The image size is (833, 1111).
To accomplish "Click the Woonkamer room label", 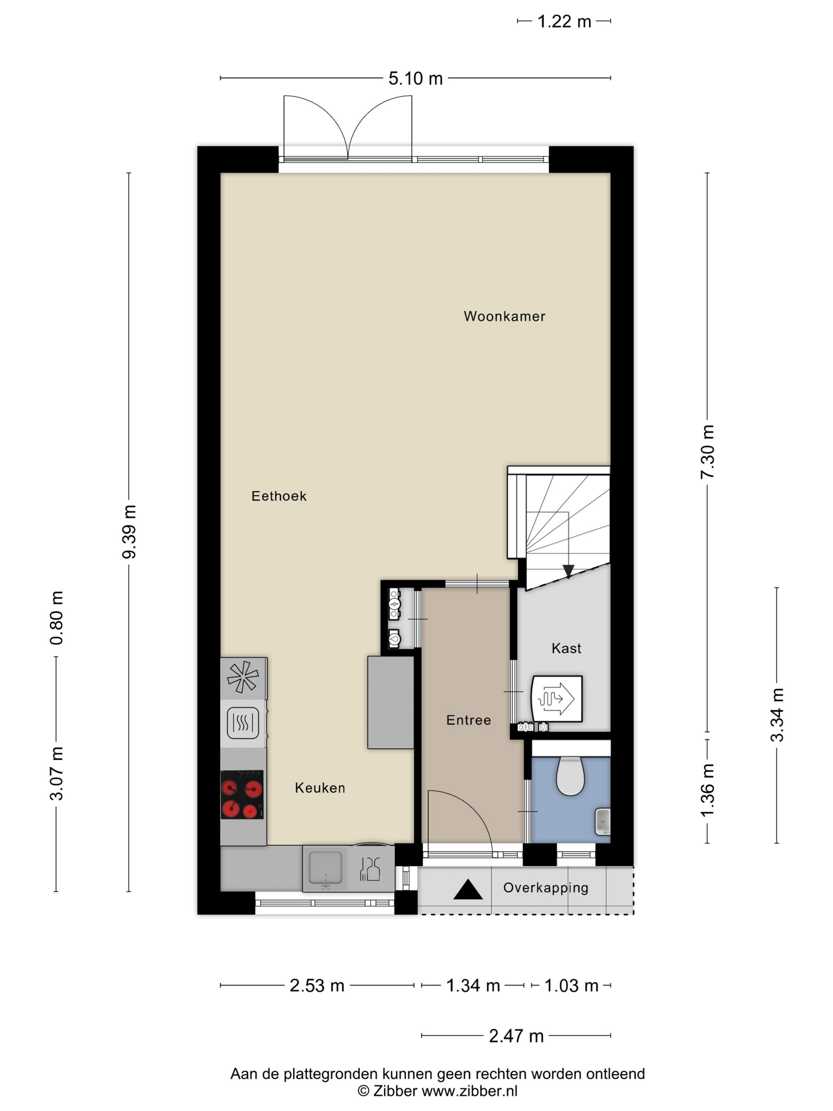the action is pyautogui.click(x=504, y=316).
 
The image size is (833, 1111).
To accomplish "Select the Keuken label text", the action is pyautogui.click(x=320, y=788).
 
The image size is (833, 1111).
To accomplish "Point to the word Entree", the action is pyautogui.click(x=468, y=720).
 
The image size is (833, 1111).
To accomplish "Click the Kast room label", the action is pyautogui.click(x=566, y=648).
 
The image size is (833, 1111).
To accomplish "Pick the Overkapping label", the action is pyautogui.click(x=546, y=888).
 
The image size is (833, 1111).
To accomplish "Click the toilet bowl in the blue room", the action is pyautogui.click(x=570, y=777).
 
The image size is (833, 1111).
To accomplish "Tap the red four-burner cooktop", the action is pyautogui.click(x=242, y=795).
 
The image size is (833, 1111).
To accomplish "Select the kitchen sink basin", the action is pyautogui.click(x=325, y=868).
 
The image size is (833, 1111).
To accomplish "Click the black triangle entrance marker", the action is pyautogui.click(x=468, y=890).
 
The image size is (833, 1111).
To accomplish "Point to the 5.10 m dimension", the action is pyautogui.click(x=415, y=78).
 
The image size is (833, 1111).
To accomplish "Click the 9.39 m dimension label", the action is pyautogui.click(x=129, y=532).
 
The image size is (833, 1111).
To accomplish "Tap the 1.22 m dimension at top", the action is pyautogui.click(x=564, y=21).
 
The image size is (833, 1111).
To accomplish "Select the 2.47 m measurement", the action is pyautogui.click(x=516, y=1036).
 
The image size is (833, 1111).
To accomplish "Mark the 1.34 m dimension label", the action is pyautogui.click(x=473, y=986).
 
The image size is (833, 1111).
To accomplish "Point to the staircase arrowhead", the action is pyautogui.click(x=568, y=571).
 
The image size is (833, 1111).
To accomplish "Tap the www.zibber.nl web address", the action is pyautogui.click(x=470, y=1091).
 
